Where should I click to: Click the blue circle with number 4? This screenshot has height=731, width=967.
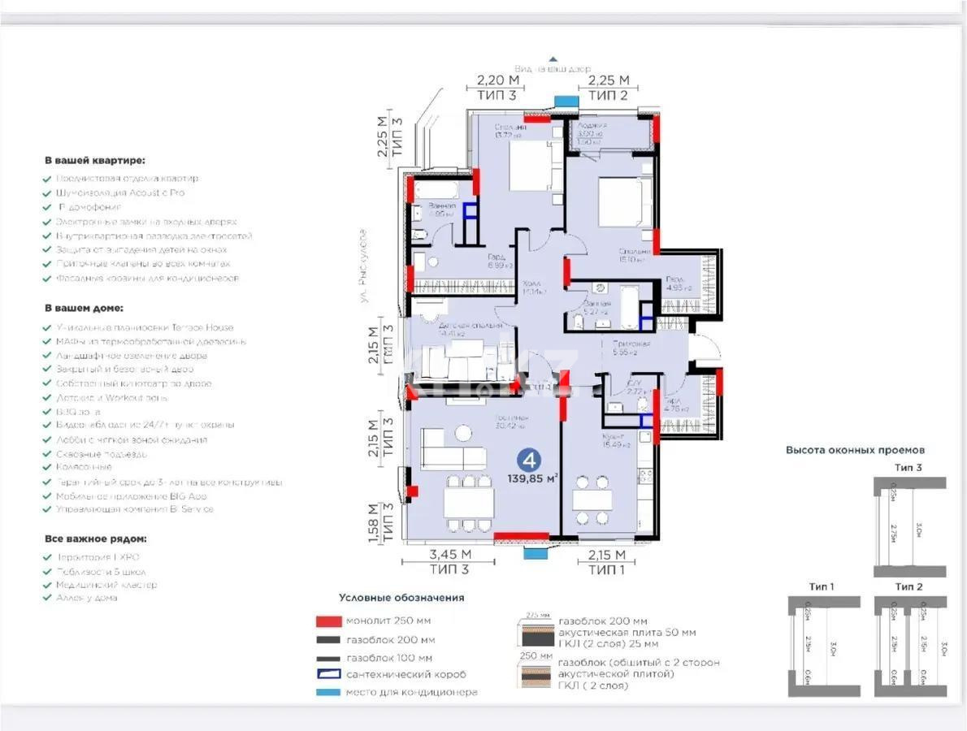(x=529, y=461)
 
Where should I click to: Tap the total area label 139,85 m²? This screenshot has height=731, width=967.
(x=531, y=479)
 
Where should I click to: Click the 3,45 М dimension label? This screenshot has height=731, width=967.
(x=449, y=555)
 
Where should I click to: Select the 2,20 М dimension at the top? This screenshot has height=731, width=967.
(x=497, y=80)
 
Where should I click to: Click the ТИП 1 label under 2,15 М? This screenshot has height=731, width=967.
(x=607, y=569)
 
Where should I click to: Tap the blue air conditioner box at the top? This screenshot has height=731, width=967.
(x=563, y=101)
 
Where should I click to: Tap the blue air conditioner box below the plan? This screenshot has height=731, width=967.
(x=535, y=553)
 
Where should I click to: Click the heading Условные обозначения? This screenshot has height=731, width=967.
(x=401, y=598)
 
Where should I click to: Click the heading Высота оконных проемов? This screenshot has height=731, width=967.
(x=855, y=449)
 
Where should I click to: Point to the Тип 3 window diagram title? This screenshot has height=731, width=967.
(x=908, y=468)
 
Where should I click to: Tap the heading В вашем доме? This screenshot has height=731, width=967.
(x=84, y=309)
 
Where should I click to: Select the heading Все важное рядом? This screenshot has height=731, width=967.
(x=96, y=539)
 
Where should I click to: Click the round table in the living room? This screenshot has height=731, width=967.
(x=463, y=434)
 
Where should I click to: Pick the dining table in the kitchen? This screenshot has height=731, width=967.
(x=592, y=500)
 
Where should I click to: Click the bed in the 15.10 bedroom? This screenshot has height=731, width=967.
(x=622, y=202)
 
